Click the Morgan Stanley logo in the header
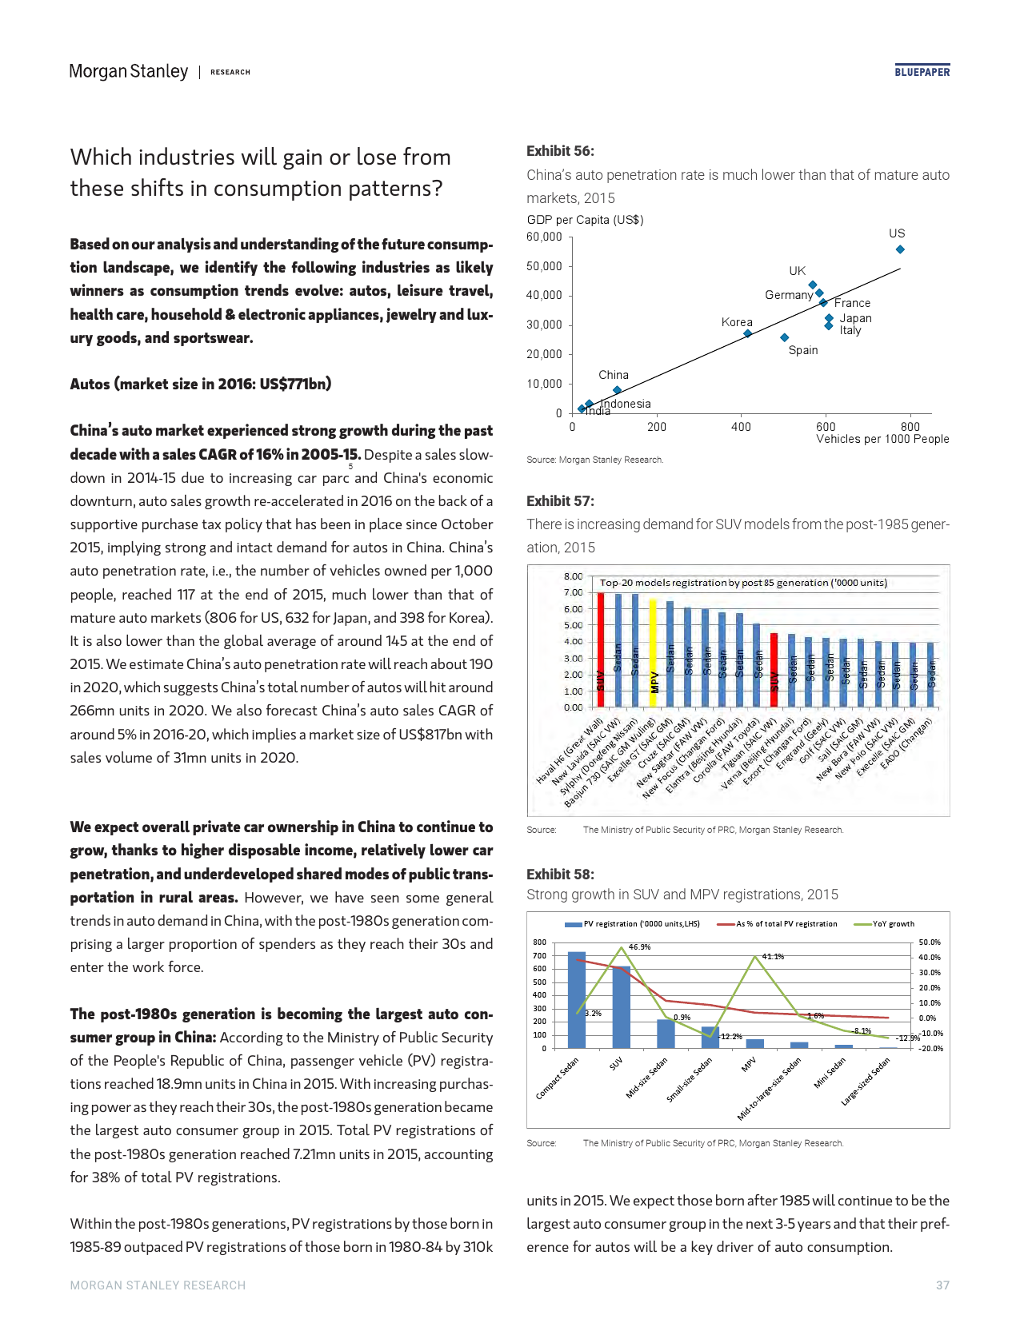(128, 71)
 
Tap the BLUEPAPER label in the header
(922, 72)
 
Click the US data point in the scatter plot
(900, 249)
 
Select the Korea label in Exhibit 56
(737, 322)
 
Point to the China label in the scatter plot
(614, 375)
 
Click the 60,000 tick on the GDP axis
(544, 237)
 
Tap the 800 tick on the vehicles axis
(910, 427)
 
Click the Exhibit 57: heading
(560, 501)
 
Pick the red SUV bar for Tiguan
(774, 670)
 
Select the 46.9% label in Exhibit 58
(639, 947)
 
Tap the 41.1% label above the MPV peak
(773, 957)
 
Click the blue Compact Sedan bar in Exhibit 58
(576, 999)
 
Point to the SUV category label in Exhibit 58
(616, 1065)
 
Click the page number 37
(942, 1285)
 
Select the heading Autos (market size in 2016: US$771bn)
(201, 384)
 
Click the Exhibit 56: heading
(560, 151)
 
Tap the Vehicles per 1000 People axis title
(882, 439)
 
